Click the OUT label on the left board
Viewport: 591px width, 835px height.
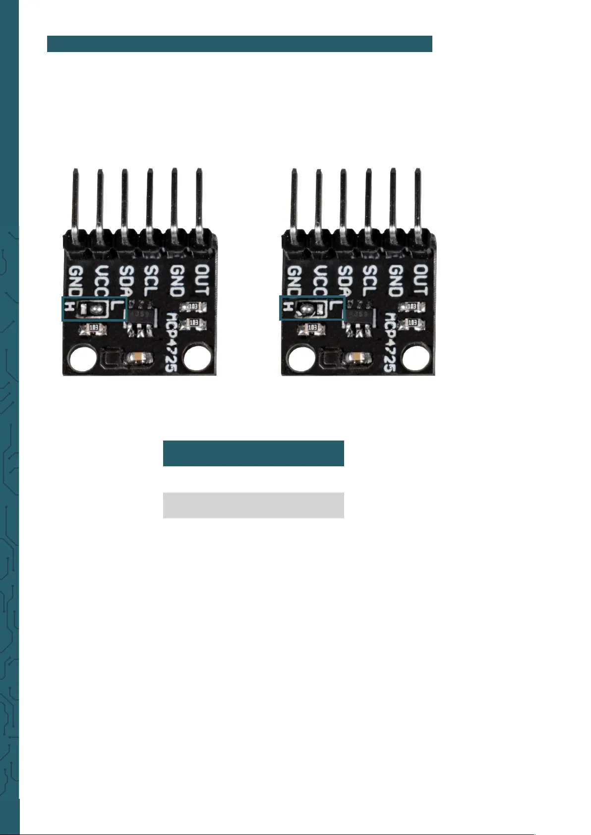tap(202, 280)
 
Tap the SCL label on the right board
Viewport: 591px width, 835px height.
tap(370, 280)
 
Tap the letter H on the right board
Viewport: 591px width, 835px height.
tap(288, 308)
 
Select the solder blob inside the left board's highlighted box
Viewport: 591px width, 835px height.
tap(98, 309)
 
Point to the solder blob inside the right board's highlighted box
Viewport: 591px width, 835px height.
tap(306, 310)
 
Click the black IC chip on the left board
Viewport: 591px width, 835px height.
tap(141, 315)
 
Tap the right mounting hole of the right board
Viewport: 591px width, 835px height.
tap(415, 358)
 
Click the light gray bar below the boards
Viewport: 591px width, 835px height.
tap(253, 505)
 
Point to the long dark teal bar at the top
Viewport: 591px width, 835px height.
tap(239, 44)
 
